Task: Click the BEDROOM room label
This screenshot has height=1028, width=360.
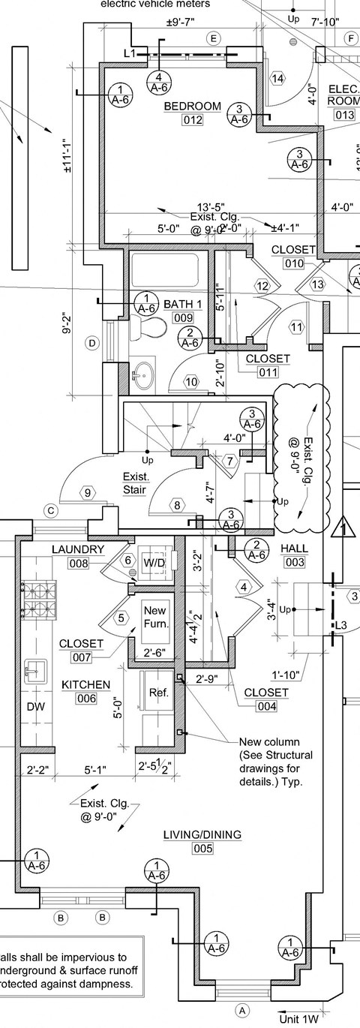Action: pos(193,106)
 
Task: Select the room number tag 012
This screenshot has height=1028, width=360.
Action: pos(193,121)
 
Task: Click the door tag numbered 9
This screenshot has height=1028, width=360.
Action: pos(88,493)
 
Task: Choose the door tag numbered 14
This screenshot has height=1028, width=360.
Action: pos(277,79)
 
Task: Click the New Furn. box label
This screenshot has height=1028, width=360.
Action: pos(155,617)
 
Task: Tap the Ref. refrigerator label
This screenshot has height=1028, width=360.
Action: pos(157,693)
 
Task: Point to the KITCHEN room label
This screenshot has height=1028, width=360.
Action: pos(85,684)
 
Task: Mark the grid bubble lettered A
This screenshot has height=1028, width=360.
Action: pos(241,1011)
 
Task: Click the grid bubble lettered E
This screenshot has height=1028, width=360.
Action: pos(214,38)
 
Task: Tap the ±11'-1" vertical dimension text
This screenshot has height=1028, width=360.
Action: pos(67,156)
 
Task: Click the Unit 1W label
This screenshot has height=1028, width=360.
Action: pos(300,1019)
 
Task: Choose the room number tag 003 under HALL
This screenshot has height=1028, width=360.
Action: pos(294,562)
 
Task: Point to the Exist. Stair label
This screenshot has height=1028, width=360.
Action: pos(136,484)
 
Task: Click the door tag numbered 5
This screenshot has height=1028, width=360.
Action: pos(121,618)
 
